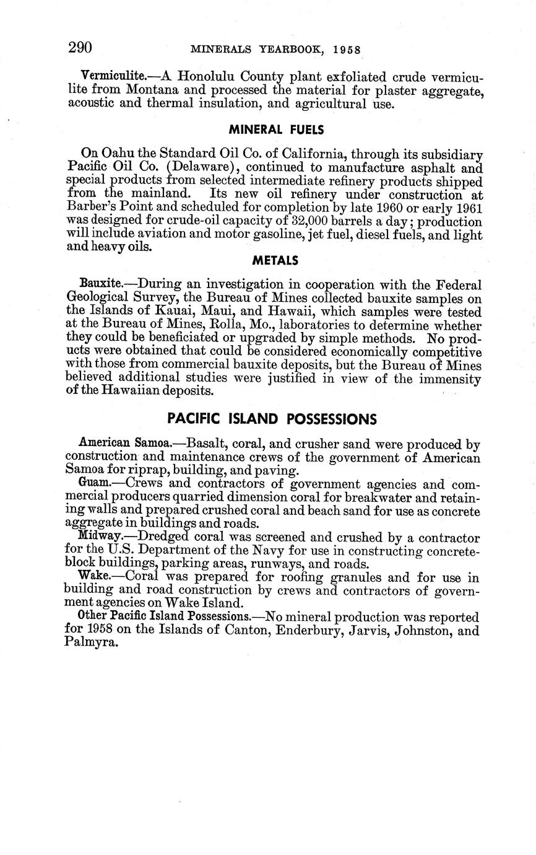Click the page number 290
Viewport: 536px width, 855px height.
(80, 48)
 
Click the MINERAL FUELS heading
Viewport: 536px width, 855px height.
(276, 130)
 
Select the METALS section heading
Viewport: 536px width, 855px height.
(275, 261)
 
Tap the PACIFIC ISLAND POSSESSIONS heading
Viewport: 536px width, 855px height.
(272, 419)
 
